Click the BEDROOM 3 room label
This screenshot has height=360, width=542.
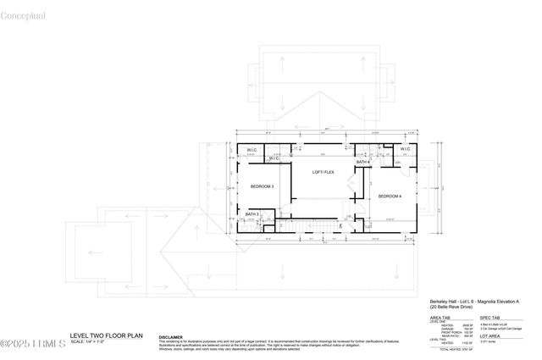pyautogui.click(x=261, y=186)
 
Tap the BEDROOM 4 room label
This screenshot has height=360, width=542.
pyautogui.click(x=389, y=196)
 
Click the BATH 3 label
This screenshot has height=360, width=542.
pyautogui.click(x=252, y=213)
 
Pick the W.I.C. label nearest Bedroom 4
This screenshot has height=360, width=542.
pyautogui.click(x=404, y=151)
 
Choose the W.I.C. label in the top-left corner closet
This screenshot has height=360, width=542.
pyautogui.click(x=252, y=151)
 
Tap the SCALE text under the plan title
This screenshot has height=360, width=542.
pyautogui.click(x=87, y=341)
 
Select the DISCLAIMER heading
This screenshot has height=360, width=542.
pyautogui.click(x=171, y=336)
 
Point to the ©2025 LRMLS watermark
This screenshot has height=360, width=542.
pyautogui.click(x=31, y=343)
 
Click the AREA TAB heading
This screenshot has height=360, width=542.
pyautogui.click(x=440, y=318)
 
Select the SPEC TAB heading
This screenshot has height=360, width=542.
pyautogui.click(x=493, y=318)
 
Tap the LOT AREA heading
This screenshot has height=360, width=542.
pyautogui.click(x=493, y=335)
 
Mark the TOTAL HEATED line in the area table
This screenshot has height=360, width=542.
pyautogui.click(x=453, y=349)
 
